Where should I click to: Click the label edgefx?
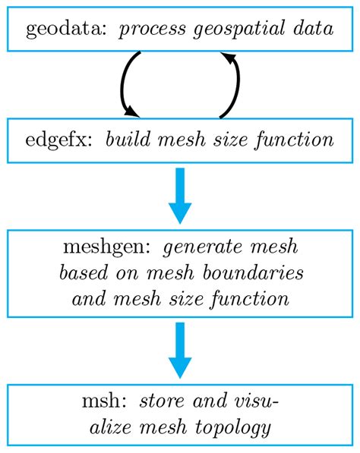pos(55,140)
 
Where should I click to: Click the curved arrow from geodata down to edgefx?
pos(125,83)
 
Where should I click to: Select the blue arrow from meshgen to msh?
pos(180,349)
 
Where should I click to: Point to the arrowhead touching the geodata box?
pos(226,58)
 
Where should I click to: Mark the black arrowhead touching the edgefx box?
pos(132,112)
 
